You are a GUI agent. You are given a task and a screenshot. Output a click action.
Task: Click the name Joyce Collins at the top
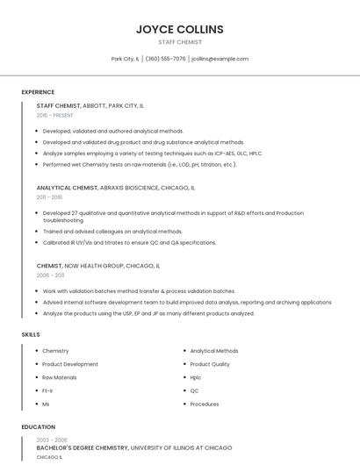pos(180,29)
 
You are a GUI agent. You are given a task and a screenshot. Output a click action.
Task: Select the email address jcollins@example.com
pos(220,59)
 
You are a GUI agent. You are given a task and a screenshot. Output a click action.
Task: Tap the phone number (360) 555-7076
pos(165,59)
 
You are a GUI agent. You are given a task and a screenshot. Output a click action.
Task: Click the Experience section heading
pos(38,92)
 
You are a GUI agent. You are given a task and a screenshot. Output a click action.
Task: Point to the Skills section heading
pos(31,334)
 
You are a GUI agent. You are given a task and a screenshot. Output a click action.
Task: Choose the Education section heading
pos(38,427)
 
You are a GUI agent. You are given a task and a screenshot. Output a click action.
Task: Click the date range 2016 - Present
pos(54,115)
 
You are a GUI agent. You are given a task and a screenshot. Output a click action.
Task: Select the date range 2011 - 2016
pos(49,197)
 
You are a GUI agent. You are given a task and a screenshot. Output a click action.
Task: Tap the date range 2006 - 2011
pos(49,275)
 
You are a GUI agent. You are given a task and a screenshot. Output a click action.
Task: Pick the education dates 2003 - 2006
pos(52,440)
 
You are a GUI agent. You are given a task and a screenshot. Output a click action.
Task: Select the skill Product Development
pos(70,364)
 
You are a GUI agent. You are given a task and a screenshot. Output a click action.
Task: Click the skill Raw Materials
pos(60,377)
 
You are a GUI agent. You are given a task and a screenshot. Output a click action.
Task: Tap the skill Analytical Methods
pos(214,351)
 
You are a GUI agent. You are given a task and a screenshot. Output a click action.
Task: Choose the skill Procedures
pos(205,404)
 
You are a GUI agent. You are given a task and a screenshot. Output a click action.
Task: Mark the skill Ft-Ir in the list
pos(47,390)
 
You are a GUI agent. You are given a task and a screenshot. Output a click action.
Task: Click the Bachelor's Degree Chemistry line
pos(81,447)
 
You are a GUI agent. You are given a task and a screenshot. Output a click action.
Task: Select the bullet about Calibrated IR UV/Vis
pos(129,242)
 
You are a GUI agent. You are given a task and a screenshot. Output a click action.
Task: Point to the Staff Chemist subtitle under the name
pos(180,42)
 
